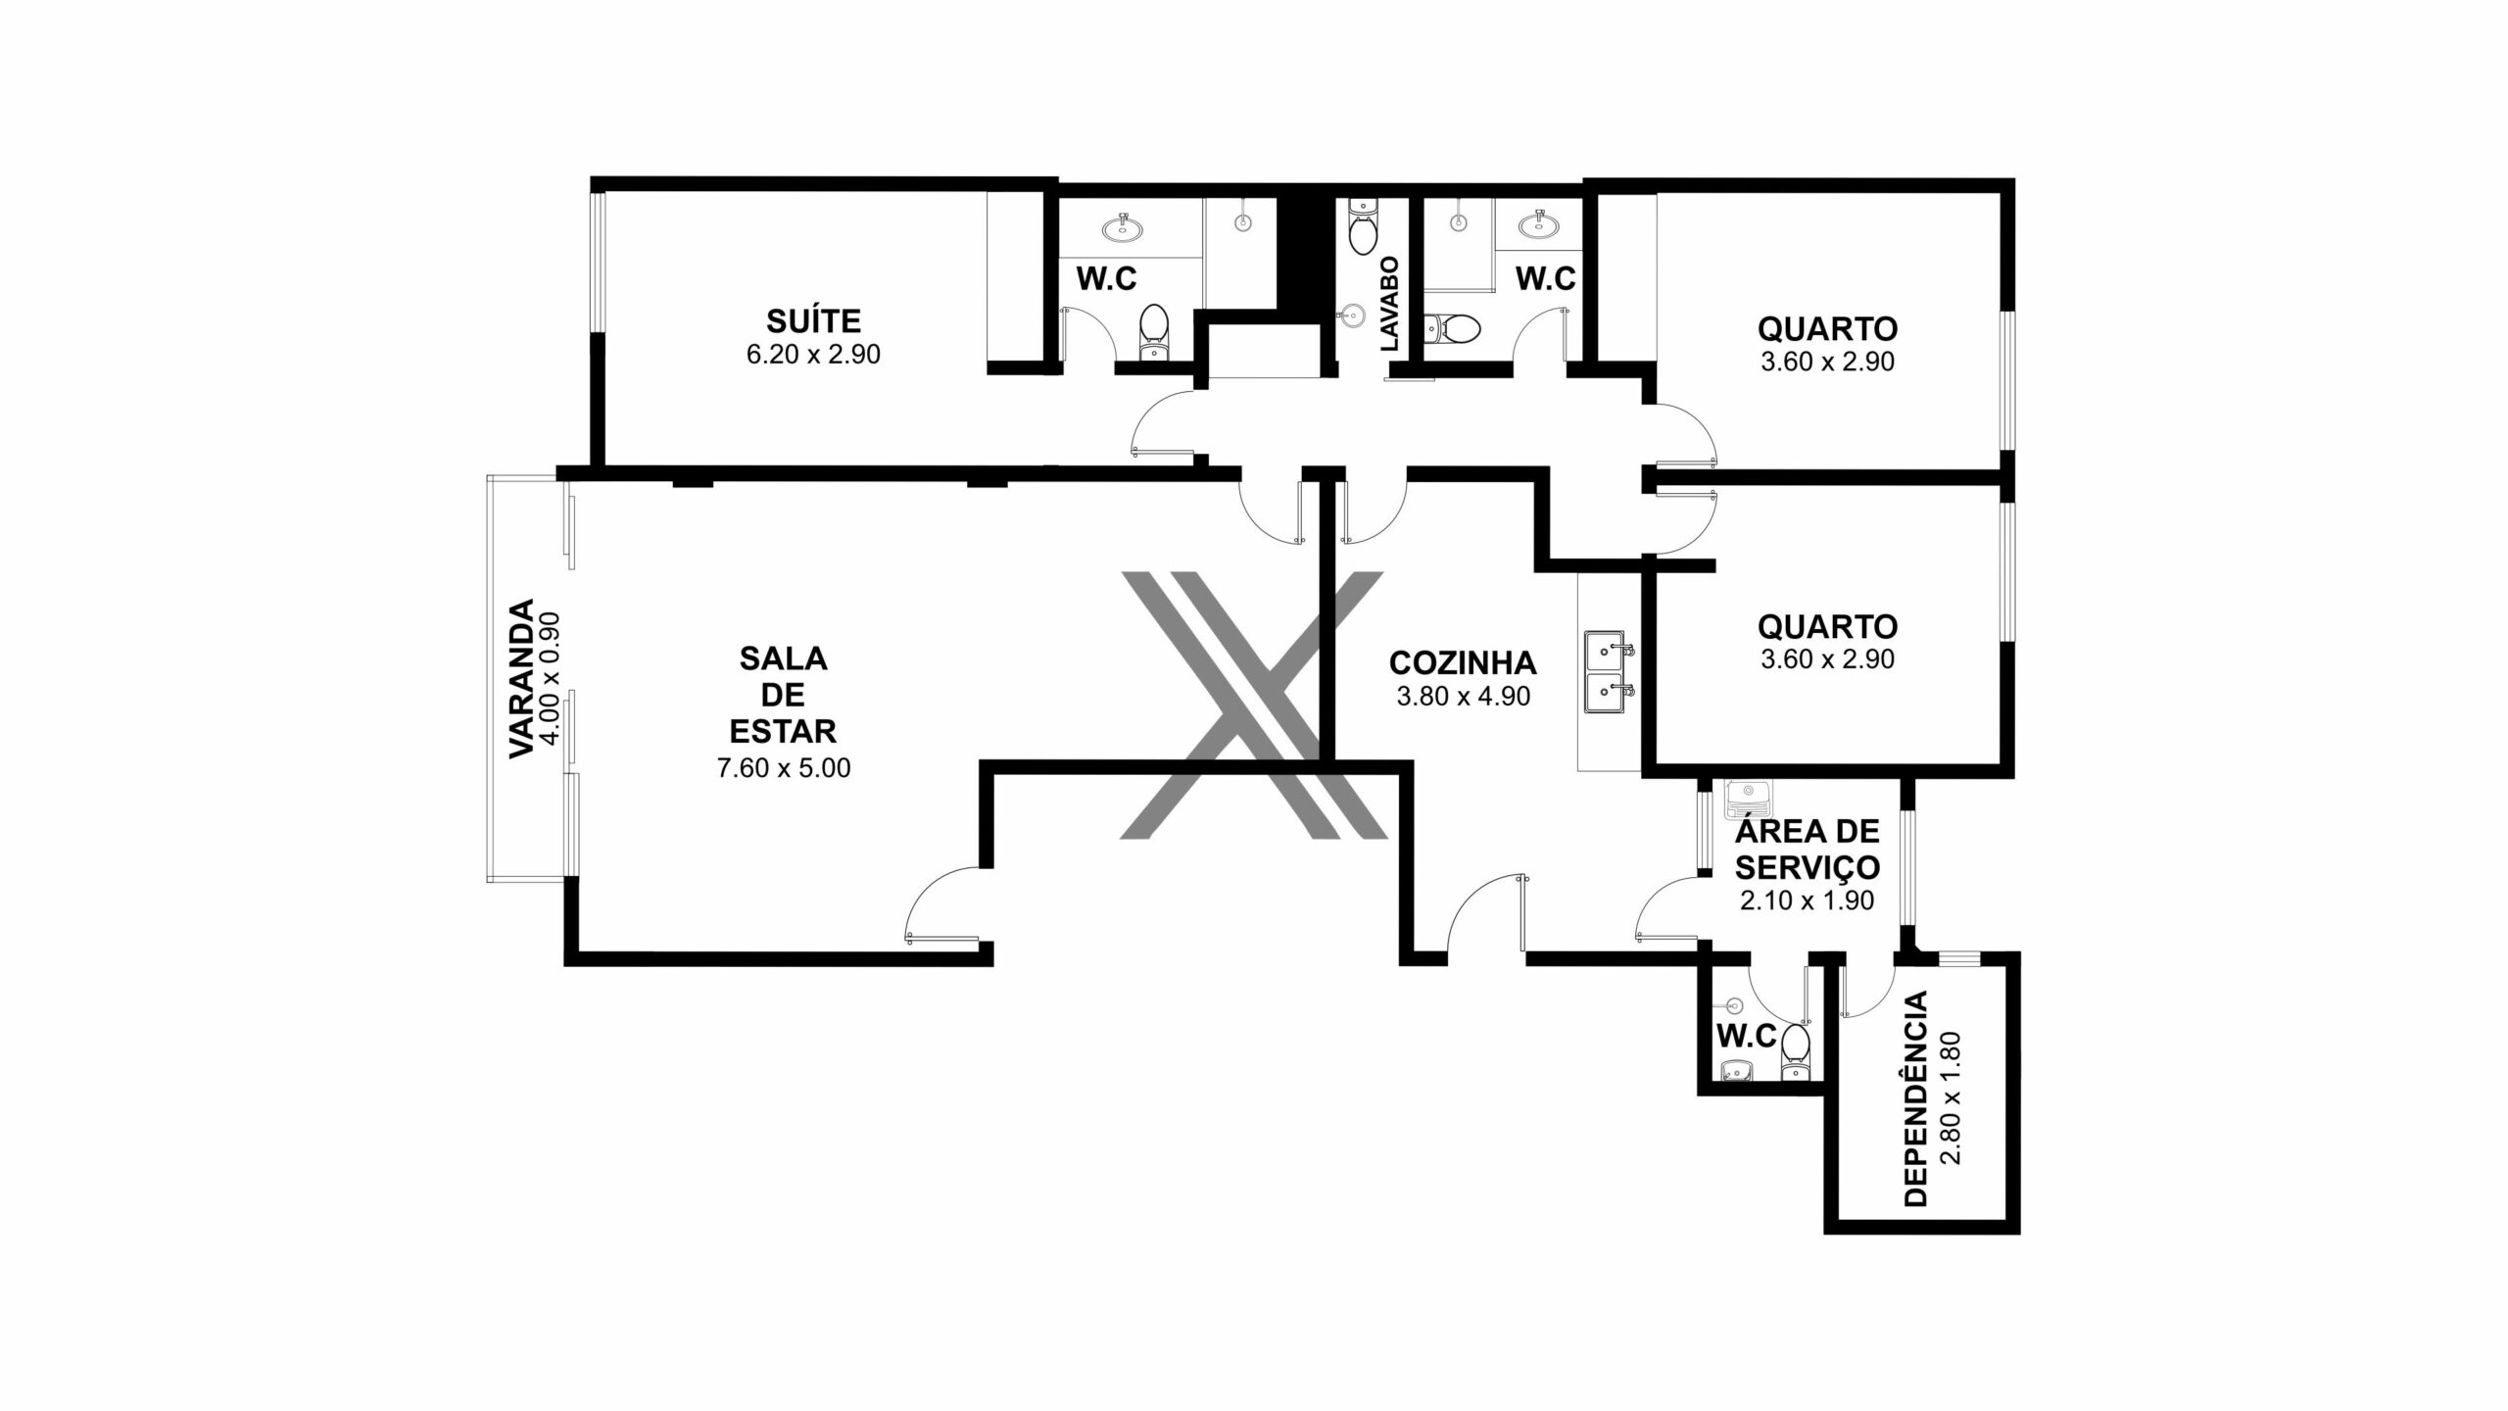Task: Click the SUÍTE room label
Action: (813, 320)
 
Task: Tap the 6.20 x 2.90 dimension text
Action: (813, 355)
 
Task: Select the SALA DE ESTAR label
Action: (784, 695)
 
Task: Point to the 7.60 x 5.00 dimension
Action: (784, 768)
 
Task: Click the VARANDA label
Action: (520, 678)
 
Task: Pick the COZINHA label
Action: (1463, 663)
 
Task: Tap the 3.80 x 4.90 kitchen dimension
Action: (1463, 697)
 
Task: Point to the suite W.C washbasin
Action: (1123, 227)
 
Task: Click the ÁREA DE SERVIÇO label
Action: (1807, 850)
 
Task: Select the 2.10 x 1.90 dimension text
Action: (1807, 900)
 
